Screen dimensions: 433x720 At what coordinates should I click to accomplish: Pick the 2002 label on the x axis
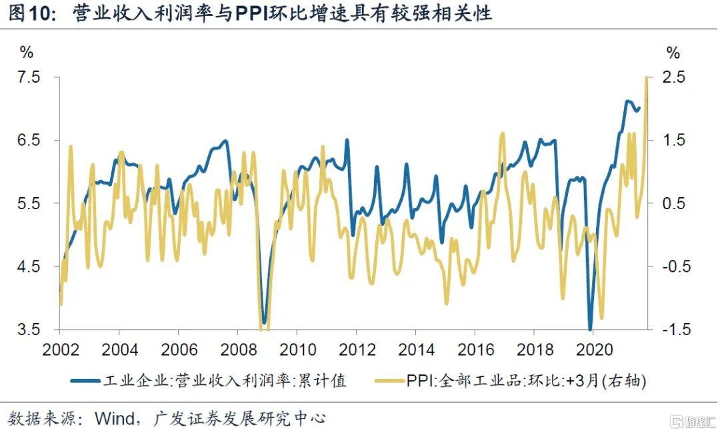click(x=60, y=349)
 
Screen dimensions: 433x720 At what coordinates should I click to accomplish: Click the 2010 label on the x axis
click(x=297, y=349)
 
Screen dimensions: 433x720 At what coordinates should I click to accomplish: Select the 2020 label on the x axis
click(x=592, y=349)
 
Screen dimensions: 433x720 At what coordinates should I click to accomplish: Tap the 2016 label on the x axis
click(x=474, y=349)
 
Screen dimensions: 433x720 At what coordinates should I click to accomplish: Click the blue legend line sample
click(x=86, y=380)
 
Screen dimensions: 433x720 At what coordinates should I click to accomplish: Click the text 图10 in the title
click(x=29, y=14)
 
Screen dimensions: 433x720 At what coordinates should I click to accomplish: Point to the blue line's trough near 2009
click(x=265, y=322)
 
